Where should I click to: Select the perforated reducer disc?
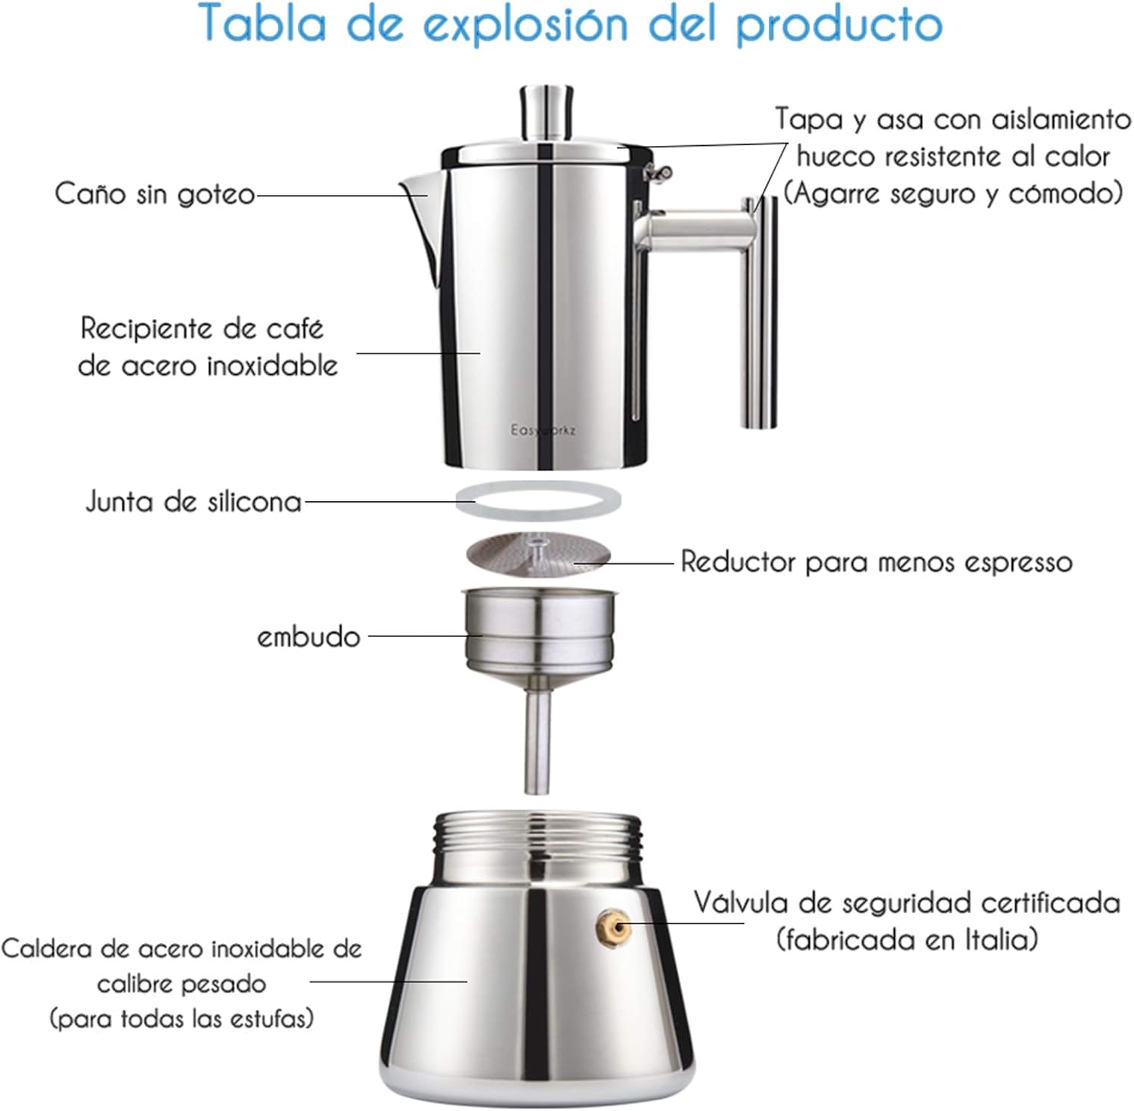click(x=538, y=553)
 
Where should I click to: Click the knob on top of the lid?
click(x=545, y=113)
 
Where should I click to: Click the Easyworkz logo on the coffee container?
click(x=543, y=430)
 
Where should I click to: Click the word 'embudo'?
click(x=308, y=636)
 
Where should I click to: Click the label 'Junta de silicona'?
click(x=194, y=502)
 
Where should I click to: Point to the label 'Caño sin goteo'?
click(x=155, y=194)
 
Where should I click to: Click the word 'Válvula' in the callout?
click(x=741, y=902)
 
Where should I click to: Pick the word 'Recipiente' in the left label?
click(x=147, y=330)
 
